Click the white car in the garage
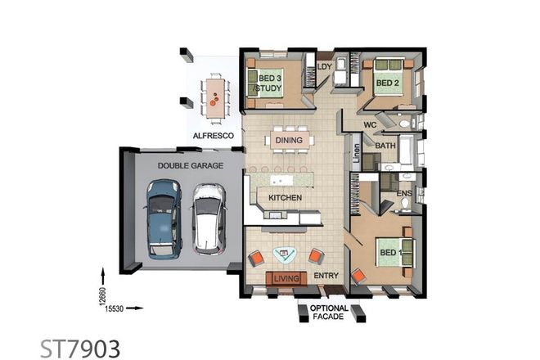[208, 219]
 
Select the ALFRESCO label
[213, 135]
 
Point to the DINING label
[289, 140]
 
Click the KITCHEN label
[279, 198]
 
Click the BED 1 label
[389, 253]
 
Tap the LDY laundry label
[323, 66]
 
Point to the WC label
[370, 125]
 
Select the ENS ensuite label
[403, 194]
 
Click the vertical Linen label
[357, 157]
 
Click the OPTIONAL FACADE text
[329, 313]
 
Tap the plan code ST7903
[80, 347]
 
